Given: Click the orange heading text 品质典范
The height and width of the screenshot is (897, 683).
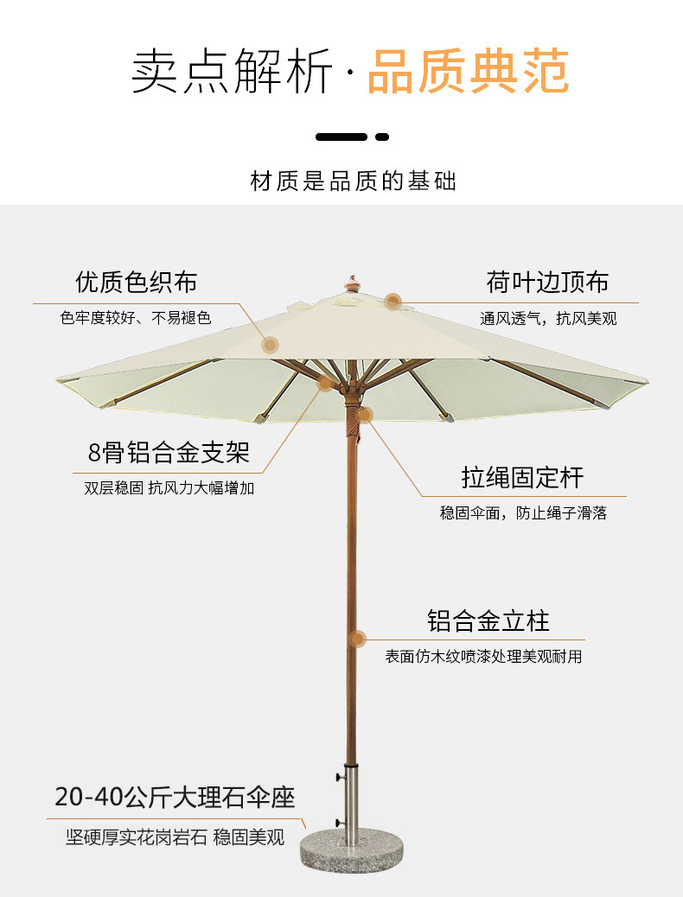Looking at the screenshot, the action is click(468, 72).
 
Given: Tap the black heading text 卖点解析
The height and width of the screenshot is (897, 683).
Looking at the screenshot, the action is click(232, 72).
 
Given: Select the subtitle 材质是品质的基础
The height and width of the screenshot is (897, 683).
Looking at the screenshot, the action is click(353, 181).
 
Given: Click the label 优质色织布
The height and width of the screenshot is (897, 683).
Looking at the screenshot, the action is click(136, 282).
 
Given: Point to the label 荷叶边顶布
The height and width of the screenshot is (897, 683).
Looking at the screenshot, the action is click(547, 282).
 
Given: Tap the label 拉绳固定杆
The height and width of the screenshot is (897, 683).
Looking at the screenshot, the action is click(522, 477).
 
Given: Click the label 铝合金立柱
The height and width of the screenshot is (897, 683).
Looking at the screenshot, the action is click(488, 620).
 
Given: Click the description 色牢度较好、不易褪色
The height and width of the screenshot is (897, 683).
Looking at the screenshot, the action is click(136, 318).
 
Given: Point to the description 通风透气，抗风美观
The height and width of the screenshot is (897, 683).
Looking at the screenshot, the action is click(549, 319).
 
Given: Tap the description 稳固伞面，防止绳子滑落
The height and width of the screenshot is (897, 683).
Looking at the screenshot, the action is click(524, 513).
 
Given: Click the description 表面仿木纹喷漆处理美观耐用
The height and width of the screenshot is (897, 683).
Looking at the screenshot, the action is click(483, 657).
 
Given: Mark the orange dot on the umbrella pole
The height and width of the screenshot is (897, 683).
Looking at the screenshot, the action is click(357, 639).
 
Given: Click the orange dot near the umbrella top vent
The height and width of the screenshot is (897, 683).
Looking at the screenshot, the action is click(393, 302).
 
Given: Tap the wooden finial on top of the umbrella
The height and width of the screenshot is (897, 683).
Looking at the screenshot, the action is click(352, 283).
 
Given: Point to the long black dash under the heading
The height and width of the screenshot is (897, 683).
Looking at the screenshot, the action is click(341, 137).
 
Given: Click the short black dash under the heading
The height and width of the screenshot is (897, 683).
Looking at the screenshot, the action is click(382, 137).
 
